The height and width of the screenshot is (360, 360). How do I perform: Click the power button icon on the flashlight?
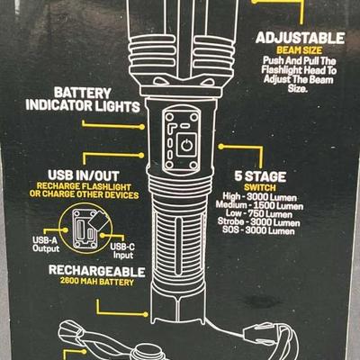(x=186, y=145)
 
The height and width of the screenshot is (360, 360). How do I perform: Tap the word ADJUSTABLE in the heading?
(x=300, y=39)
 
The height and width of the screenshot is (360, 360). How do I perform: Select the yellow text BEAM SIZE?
(x=299, y=50)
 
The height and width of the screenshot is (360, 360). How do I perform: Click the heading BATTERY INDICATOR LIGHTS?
(x=83, y=100)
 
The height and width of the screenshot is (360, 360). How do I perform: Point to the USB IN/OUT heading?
(x=84, y=175)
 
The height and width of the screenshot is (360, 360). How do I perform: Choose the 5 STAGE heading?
(x=260, y=176)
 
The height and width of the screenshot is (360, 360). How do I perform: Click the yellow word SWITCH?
(x=260, y=188)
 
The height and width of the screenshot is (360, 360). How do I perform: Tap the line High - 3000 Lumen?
(x=259, y=197)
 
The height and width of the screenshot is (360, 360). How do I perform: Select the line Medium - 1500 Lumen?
(x=259, y=206)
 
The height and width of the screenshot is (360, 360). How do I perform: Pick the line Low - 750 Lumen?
(x=259, y=214)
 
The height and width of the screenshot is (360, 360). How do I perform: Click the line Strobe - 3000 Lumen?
(x=259, y=222)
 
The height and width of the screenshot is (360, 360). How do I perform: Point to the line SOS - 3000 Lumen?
(x=258, y=230)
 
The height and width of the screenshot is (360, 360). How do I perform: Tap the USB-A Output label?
(x=46, y=245)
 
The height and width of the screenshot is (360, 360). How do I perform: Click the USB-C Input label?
(x=122, y=251)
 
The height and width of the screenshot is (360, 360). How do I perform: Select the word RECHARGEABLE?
(x=96, y=271)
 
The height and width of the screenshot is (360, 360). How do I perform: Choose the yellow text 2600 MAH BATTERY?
(x=97, y=282)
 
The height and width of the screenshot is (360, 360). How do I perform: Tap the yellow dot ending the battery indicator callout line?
(x=142, y=127)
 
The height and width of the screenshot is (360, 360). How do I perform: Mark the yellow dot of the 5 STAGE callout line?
(x=221, y=147)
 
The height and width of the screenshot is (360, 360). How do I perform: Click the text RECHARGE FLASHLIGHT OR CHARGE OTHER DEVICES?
(x=85, y=191)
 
